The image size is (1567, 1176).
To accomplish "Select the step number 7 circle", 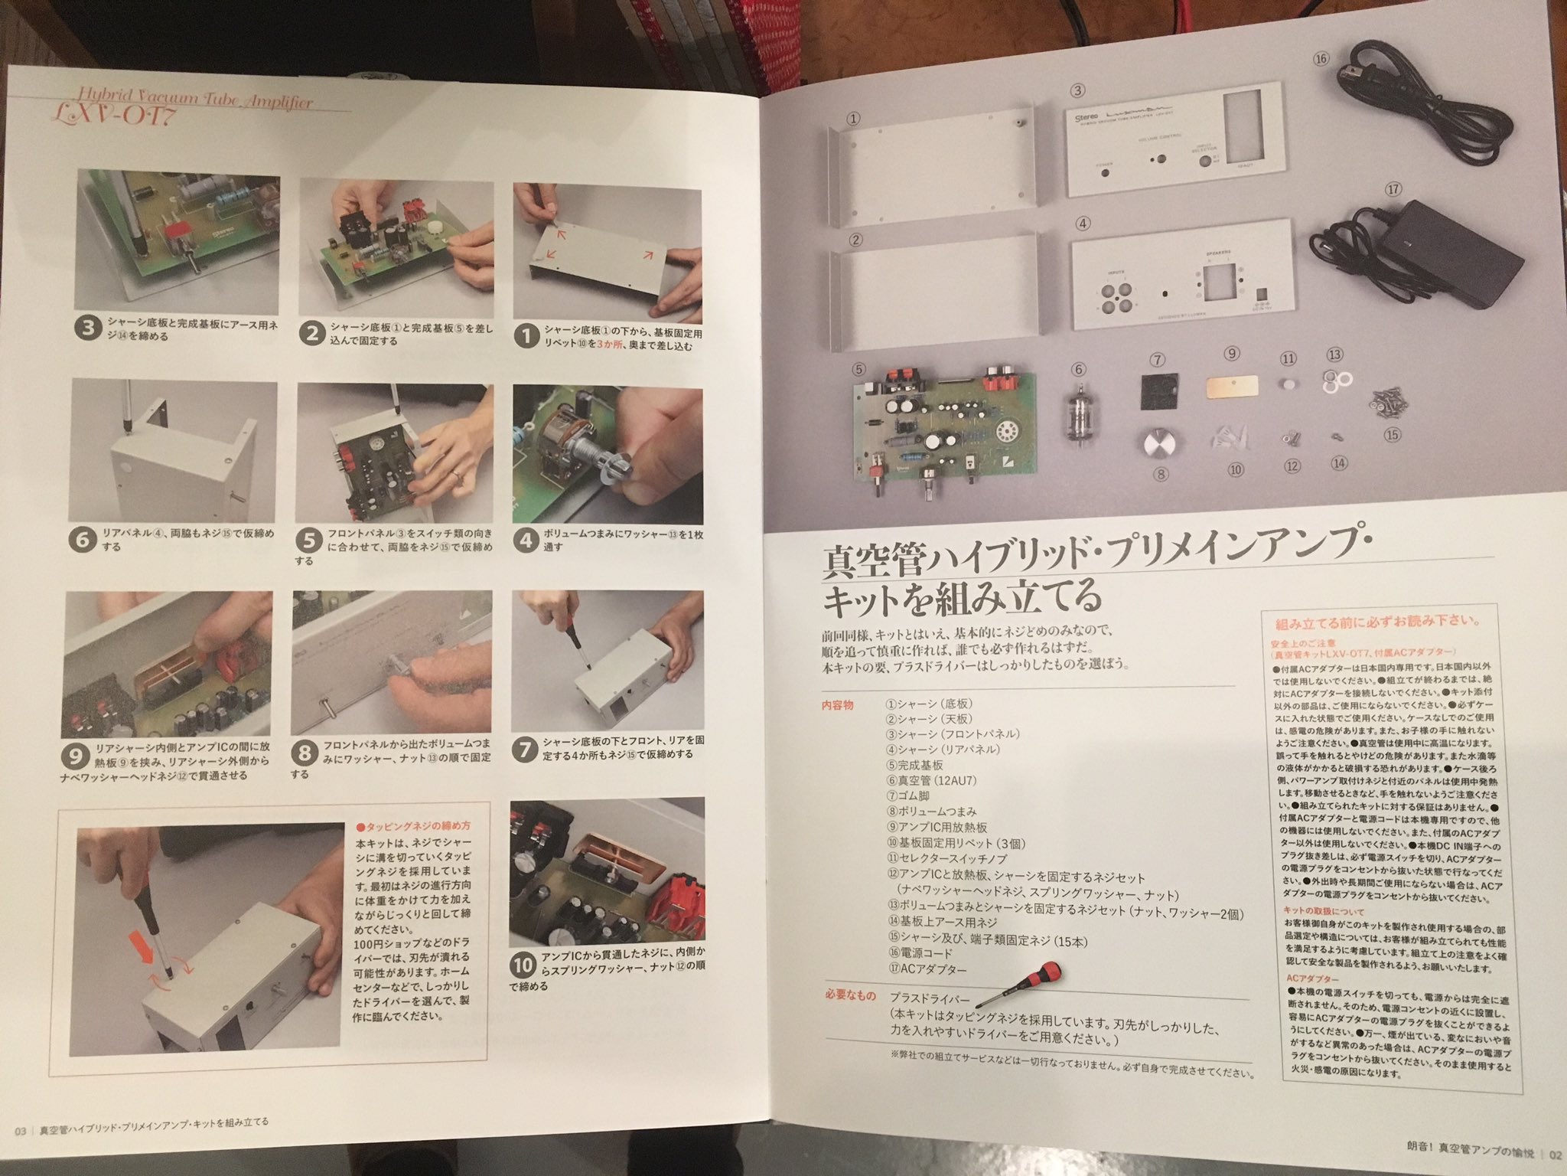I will pyautogui.click(x=524, y=750).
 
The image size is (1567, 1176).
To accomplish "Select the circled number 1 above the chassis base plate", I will pyautogui.click(x=854, y=119).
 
